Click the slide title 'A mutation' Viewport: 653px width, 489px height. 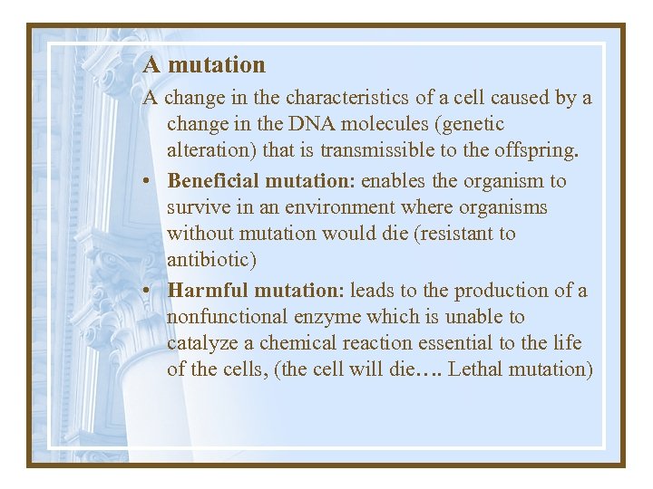click(204, 65)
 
